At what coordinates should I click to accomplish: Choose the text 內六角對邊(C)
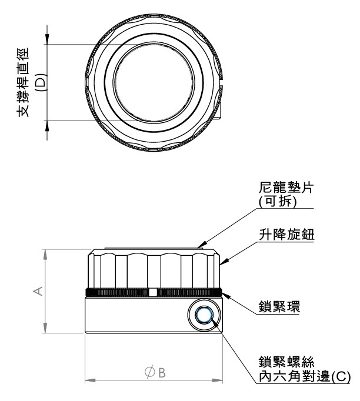click(304, 376)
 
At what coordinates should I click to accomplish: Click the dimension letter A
click(38, 292)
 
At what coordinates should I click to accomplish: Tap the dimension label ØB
click(154, 372)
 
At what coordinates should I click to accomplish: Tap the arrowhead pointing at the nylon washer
click(202, 243)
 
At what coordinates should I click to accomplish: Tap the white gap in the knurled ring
click(153, 292)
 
